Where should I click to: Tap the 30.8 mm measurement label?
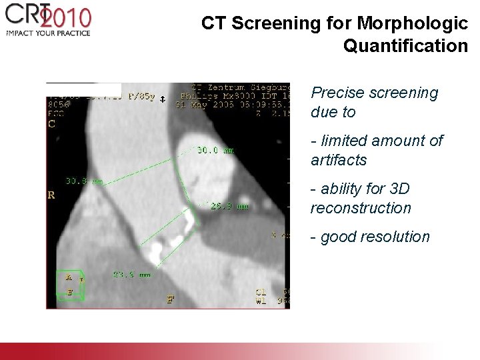point(84,181)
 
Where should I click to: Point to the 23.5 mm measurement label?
point(131,273)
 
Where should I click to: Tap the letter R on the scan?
point(51,195)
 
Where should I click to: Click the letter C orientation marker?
point(52,123)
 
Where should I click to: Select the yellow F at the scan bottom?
point(171,299)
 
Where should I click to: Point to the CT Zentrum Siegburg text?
point(240,87)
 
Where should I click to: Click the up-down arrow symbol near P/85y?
point(162,99)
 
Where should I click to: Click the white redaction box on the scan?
point(83,89)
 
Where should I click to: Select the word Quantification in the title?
point(405,46)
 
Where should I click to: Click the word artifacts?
point(339,160)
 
